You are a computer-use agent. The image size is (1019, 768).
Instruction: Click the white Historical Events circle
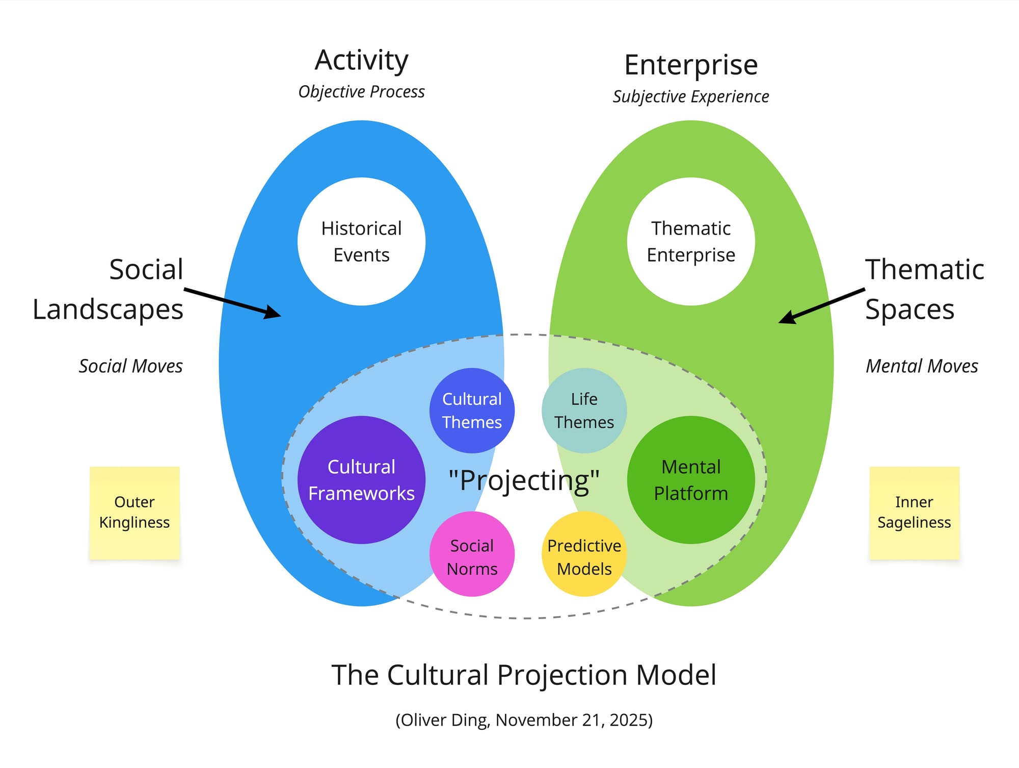[x=361, y=241]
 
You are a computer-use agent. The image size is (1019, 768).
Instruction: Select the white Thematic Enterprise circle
[x=691, y=241]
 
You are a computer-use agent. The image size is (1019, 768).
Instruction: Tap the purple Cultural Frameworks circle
[x=361, y=480]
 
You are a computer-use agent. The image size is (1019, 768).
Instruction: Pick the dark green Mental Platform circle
[x=691, y=480]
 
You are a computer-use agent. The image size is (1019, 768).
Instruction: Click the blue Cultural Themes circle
[x=472, y=411]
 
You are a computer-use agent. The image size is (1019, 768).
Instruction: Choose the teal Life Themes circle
[x=584, y=411]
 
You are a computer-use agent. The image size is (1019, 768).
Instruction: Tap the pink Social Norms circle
[x=472, y=554]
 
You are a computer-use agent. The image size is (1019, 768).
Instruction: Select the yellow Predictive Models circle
[x=584, y=554]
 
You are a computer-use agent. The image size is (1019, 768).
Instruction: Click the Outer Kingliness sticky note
[x=135, y=513]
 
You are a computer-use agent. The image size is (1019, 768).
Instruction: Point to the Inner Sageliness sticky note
[x=914, y=513]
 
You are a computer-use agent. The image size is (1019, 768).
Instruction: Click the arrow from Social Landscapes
[x=232, y=303]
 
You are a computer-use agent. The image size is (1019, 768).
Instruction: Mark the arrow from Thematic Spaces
[x=821, y=306]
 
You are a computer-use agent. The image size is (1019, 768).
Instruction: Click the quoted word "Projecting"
[x=524, y=480]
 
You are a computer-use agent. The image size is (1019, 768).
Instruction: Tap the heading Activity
[x=361, y=61]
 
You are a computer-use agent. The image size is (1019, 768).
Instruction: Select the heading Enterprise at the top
[x=691, y=65]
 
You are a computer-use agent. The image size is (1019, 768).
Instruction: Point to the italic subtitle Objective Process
[x=361, y=92]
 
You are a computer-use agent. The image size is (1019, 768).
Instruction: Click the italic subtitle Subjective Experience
[x=691, y=96]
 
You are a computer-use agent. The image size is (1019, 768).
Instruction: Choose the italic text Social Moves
[x=130, y=366]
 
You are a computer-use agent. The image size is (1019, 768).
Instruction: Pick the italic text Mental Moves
[x=922, y=366]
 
